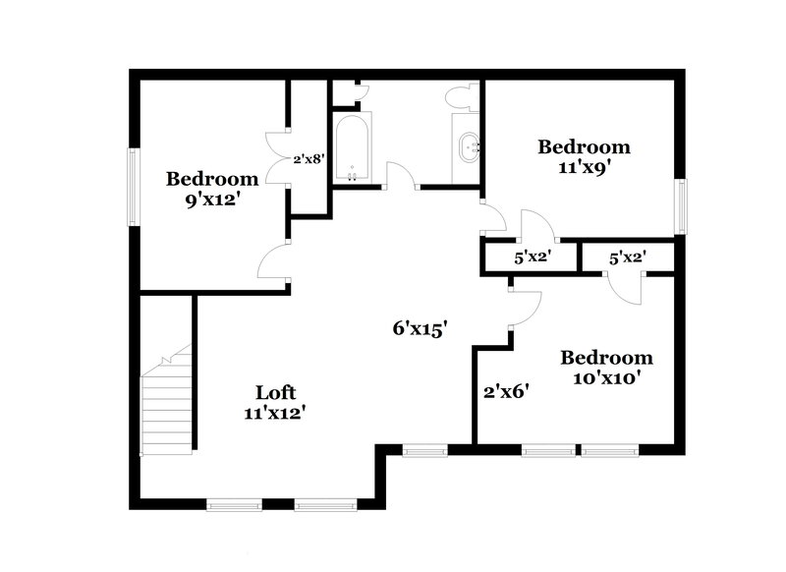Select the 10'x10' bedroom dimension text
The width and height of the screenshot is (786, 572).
(x=606, y=377)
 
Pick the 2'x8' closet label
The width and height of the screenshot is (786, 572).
(x=309, y=157)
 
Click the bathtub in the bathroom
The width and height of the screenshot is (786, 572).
(x=352, y=148)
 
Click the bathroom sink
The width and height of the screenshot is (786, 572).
(x=468, y=148)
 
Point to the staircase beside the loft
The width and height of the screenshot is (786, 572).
(x=168, y=403)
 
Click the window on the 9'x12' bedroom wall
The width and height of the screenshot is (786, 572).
(x=135, y=186)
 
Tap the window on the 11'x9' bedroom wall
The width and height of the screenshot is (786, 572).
(x=680, y=207)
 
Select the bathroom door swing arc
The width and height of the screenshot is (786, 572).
(x=401, y=175)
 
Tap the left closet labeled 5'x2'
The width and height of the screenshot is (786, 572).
(x=532, y=258)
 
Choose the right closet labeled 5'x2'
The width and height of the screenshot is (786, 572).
(x=627, y=258)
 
